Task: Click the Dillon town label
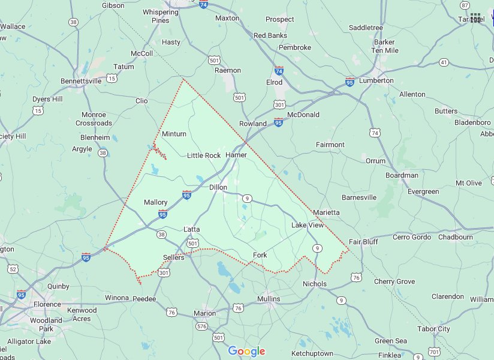218,187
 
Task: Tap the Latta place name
192,229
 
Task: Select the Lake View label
307,225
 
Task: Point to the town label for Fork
260,255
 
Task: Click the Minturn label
174,134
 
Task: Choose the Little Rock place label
204,155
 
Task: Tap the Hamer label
236,155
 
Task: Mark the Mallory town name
156,202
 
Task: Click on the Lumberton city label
376,80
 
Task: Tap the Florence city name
47,304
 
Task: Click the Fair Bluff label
380,242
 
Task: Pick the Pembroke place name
295,47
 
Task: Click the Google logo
246,351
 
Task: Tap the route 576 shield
201,326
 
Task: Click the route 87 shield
465,5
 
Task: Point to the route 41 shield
444,62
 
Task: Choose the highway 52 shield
13,269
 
